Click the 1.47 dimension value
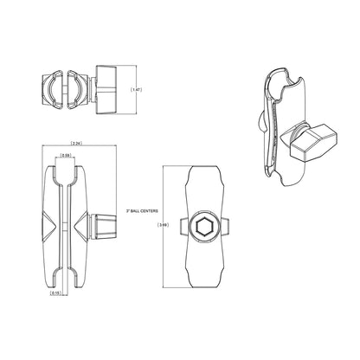pyautogui.click(x=135, y=89)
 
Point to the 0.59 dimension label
pyautogui.click(x=67, y=157)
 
